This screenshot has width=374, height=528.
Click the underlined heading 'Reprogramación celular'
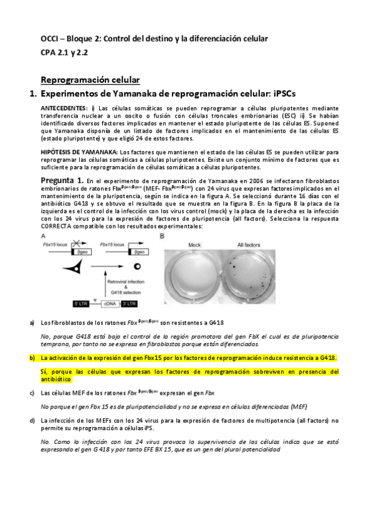[90, 80]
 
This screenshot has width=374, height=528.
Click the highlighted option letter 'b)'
[32, 358]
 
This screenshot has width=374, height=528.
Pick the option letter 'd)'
[32, 420]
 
